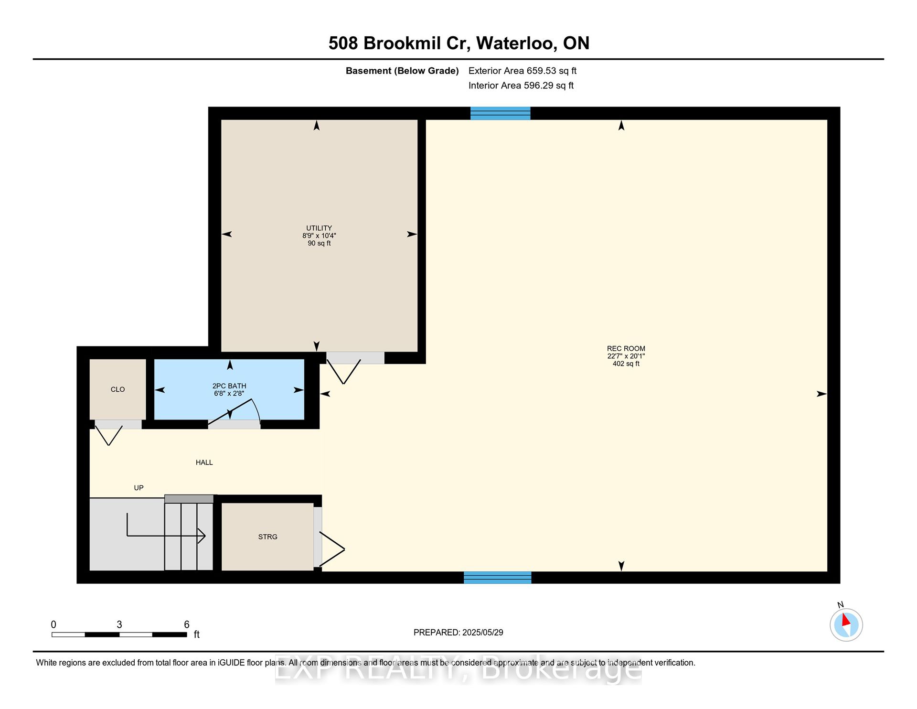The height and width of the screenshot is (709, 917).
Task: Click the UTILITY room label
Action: point(319,228)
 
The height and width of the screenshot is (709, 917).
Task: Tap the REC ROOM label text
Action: point(626,349)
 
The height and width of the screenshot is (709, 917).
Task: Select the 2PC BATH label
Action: point(229,386)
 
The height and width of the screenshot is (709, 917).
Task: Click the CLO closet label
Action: point(117,389)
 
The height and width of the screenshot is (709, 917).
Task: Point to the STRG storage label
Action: point(267,537)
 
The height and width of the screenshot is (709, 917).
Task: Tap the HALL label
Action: point(204,462)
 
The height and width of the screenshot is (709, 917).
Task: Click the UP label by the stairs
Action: point(139,488)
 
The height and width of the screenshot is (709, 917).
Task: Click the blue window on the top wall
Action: point(500,113)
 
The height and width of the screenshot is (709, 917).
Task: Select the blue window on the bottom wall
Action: point(497,577)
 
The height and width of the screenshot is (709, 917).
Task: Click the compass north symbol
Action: point(846,624)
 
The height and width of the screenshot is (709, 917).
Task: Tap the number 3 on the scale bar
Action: point(119,624)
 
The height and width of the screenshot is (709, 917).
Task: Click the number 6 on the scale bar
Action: point(187,624)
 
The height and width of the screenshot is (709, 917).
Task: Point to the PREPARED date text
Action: point(458,633)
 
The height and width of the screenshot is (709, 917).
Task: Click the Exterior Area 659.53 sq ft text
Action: point(522,71)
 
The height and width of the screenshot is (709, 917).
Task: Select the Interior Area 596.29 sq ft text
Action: point(521,86)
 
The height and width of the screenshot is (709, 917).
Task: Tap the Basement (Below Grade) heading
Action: point(402,71)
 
